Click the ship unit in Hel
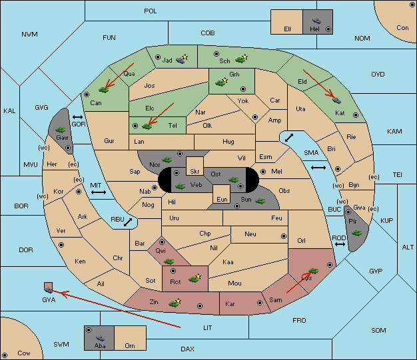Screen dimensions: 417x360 pyautogui.click(x=316, y=21)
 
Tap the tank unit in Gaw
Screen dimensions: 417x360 pyautogui.click(x=61, y=129)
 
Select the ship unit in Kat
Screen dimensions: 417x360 pyautogui.click(x=336, y=100)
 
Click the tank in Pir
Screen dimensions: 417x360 pyautogui.click(x=356, y=233)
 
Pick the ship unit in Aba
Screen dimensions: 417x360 pyautogui.click(x=101, y=338)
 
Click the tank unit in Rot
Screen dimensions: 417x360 pyautogui.click(x=194, y=279)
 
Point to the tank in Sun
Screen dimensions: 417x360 pyautogui.click(x=260, y=201)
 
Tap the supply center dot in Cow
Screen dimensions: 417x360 pyautogui.click(x=5, y=355)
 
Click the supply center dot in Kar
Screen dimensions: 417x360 pyautogui.click(x=260, y=303)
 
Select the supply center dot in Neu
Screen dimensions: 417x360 pyautogui.click(x=284, y=236)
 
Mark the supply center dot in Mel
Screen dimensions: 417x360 pyautogui.click(x=263, y=172)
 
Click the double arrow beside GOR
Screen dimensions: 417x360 pyautogui.click(x=78, y=117)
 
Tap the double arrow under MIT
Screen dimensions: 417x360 pyautogui.click(x=99, y=192)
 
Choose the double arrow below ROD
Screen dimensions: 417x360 pyautogui.click(x=340, y=244)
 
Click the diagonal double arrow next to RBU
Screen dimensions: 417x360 pyautogui.click(x=128, y=222)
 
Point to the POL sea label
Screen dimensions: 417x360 pyautogui.click(x=151, y=11)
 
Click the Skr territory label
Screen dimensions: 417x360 pyautogui.click(x=195, y=172)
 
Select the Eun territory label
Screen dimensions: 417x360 pyautogui.click(x=222, y=199)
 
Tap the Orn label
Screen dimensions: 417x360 pyautogui.click(x=130, y=345)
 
